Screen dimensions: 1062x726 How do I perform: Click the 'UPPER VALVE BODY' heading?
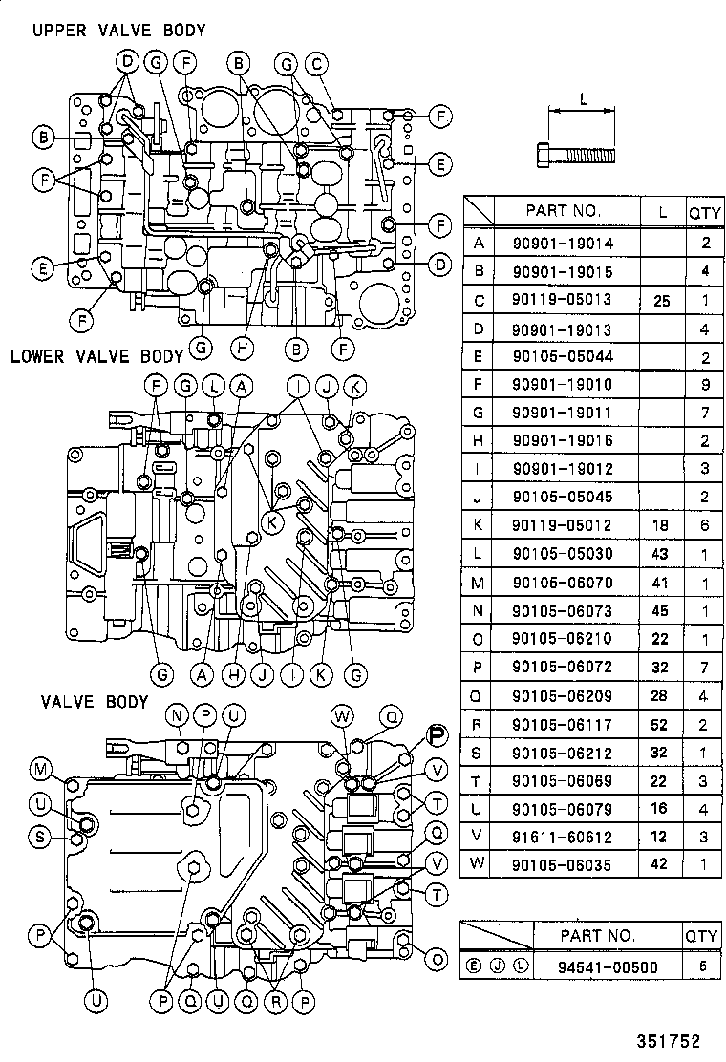tap(118, 31)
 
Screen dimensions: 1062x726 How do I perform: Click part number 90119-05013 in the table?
tap(575, 300)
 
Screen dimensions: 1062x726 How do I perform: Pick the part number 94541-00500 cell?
tap(608, 966)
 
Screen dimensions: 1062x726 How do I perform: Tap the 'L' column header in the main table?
tap(662, 210)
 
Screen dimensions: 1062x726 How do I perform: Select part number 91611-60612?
tap(575, 837)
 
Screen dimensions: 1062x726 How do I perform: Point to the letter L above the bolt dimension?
tap(583, 98)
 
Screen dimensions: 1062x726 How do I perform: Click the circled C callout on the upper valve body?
tap(316, 64)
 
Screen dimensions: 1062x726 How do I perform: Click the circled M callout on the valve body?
tap(41, 770)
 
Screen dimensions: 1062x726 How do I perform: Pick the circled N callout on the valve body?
tap(178, 715)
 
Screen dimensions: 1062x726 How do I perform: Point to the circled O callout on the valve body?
tap(438, 959)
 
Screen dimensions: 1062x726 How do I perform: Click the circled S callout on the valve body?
tap(41, 838)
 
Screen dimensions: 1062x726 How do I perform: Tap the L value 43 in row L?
tap(662, 554)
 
